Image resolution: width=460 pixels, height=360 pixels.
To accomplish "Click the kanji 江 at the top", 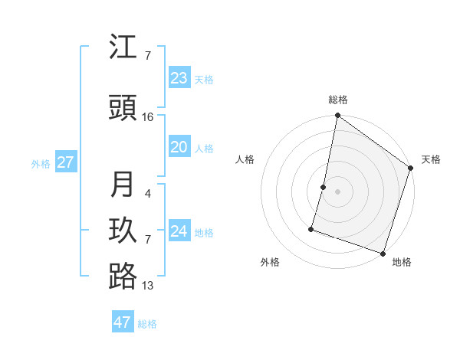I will click(x=123, y=47).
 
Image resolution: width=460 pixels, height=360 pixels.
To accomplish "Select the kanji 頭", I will click(x=123, y=108).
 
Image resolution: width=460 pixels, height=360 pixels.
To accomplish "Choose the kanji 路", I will click(x=123, y=277).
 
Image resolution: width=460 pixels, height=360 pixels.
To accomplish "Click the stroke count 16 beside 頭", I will click(x=148, y=117).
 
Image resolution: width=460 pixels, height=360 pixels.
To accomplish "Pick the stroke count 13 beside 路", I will click(x=148, y=286).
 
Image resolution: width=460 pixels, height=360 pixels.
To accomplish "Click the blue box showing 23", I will click(x=179, y=78).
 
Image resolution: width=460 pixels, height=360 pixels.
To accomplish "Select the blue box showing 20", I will click(x=179, y=148).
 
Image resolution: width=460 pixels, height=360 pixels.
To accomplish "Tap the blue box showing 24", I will click(x=179, y=231).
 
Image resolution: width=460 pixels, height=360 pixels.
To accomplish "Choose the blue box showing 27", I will click(x=65, y=162).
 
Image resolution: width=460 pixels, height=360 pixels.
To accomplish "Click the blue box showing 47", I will click(x=123, y=322).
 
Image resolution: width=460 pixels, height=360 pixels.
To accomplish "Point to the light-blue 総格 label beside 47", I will click(x=147, y=324).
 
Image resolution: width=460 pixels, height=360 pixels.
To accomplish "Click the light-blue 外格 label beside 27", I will click(x=41, y=163).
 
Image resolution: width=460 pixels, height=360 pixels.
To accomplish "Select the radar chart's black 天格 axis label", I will click(x=431, y=159).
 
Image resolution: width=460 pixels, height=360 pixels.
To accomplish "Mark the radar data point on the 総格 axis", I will click(x=337, y=116).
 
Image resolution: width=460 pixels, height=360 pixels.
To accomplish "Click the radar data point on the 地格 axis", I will click(x=383, y=253).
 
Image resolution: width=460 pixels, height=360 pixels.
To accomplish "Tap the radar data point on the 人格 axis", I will click(x=324, y=187).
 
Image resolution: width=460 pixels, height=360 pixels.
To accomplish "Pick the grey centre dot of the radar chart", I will click(x=337, y=191).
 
